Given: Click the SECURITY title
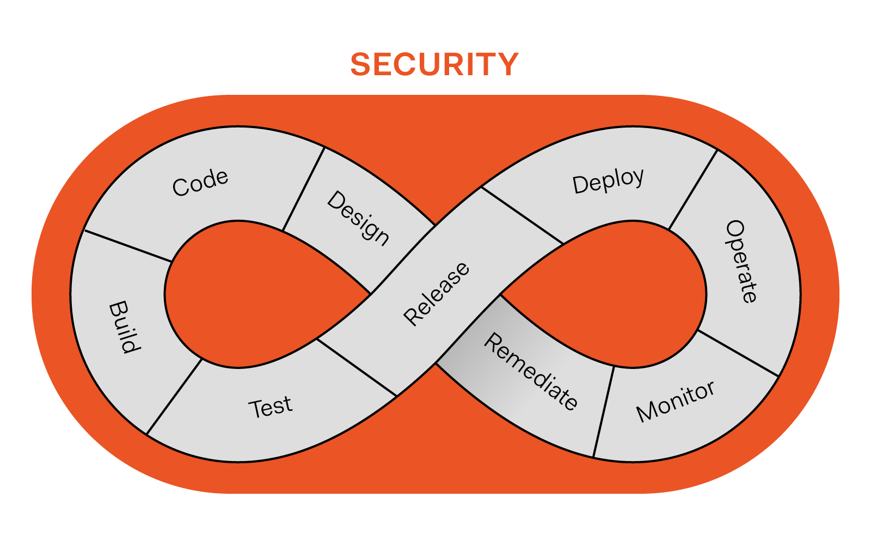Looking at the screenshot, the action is coord(434,64).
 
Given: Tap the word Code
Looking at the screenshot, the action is coord(200,182).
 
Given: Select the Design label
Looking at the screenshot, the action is coord(358,218).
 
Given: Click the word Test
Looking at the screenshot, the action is coord(270,407).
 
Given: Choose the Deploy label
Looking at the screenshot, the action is coord(608,180).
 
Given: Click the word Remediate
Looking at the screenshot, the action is coord(531,371).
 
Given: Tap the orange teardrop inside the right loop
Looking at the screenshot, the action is coord(626,294).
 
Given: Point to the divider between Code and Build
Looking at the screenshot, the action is coord(128,246).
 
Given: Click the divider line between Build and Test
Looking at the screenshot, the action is coord(174,396).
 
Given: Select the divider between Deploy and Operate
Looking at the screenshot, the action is coord(692,190).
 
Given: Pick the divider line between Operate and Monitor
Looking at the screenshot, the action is coord(738,353).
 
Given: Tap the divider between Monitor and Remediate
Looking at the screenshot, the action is coord(603,412).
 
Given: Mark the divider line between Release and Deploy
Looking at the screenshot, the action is coord(523,215).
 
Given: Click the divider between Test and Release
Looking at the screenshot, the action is coord(357,367).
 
